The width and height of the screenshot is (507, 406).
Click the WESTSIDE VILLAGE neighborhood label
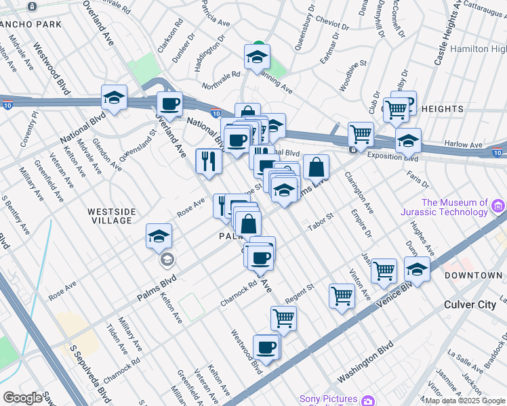(x=111, y=216)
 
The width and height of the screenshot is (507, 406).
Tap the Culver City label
(x=470, y=304)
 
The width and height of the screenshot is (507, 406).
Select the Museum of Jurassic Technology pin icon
(x=498, y=206)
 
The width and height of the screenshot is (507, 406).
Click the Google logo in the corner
(x=22, y=398)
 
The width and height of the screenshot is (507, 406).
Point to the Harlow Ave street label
(x=463, y=144)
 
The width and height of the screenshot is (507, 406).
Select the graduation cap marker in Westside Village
(x=159, y=236)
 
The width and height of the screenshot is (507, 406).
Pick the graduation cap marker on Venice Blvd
(x=418, y=269)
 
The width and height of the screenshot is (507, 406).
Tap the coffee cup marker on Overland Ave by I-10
(x=169, y=104)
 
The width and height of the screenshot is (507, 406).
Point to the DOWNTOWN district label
(x=473, y=275)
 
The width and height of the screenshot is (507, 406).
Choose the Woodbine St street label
(x=352, y=72)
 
